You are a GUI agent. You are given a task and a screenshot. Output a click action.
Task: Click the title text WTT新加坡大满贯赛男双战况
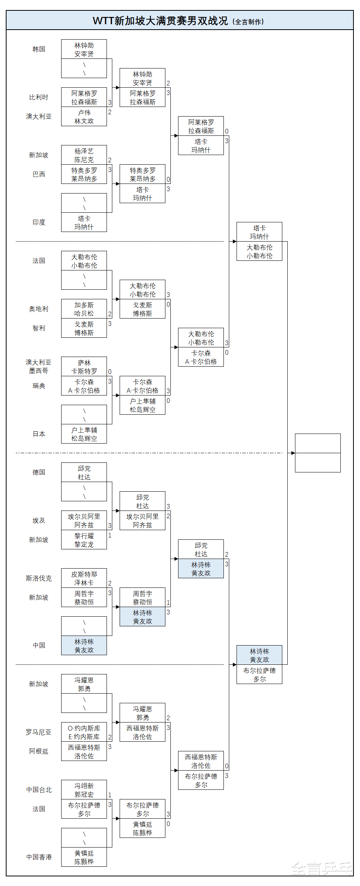160,21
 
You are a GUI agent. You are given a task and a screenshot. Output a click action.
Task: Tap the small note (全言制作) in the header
248,22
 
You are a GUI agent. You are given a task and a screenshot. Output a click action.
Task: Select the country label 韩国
39,49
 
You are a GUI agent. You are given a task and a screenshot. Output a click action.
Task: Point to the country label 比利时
39,97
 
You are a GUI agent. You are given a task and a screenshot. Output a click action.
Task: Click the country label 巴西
39,174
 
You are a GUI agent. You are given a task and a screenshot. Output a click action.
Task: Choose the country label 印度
39,222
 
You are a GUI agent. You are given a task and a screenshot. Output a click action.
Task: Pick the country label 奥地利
39,309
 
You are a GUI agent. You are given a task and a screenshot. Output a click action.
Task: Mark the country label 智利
39,328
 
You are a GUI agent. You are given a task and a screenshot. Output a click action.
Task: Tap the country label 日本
39,434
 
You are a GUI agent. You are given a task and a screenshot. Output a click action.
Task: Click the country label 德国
39,472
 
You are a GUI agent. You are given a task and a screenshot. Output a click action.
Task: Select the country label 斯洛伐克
39,578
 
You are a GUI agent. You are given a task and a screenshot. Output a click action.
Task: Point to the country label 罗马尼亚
39,732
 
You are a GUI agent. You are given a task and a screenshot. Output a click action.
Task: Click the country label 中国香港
39,857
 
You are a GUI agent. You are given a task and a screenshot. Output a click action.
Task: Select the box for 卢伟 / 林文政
84,117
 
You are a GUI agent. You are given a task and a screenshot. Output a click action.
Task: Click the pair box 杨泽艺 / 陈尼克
84,155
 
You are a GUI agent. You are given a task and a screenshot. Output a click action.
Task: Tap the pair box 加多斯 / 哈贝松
84,309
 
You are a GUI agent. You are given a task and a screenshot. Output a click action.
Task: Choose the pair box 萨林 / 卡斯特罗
84,367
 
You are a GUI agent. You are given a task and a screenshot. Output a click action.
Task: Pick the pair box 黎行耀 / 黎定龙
84,540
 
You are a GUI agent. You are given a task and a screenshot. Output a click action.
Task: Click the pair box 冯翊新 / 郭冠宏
84,790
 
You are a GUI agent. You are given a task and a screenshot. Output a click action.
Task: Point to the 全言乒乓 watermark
321,869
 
